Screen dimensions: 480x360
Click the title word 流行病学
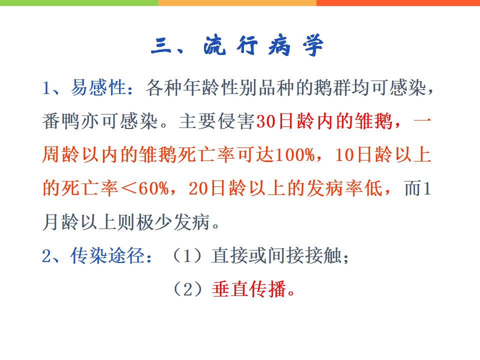[263, 45]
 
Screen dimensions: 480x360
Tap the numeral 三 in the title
[161, 45]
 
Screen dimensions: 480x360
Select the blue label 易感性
[98, 87]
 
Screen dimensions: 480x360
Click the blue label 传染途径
[107, 255]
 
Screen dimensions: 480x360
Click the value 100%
[295, 154]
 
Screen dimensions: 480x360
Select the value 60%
[153, 188]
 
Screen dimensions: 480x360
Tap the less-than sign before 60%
[128, 188]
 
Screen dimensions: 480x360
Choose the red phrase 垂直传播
[249, 289]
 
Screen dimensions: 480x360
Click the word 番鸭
[61, 121]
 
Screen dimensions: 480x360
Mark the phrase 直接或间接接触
[276, 255]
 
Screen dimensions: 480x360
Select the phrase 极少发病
[173, 222]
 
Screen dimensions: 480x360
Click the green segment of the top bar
[79, 3]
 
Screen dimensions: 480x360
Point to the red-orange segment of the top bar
[398, 3]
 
